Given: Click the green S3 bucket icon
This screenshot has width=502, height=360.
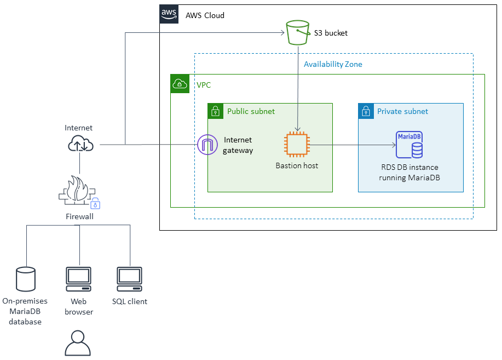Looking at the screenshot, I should click(296, 32).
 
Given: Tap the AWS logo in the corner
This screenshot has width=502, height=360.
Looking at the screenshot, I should click(169, 14).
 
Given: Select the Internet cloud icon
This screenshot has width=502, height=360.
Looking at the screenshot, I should click(81, 144).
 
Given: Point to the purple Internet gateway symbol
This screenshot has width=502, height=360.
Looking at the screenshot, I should click(207, 145).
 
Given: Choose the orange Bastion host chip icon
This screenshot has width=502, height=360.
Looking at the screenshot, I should click(297, 145).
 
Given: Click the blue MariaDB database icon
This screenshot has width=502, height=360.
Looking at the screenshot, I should click(409, 145).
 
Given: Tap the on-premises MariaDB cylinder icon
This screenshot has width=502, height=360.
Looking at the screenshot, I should click(26, 279).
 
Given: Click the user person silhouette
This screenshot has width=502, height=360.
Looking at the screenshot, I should click(78, 344).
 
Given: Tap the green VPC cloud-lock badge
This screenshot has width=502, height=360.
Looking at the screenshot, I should click(180, 84).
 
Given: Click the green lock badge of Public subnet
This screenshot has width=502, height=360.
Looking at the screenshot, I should click(216, 111).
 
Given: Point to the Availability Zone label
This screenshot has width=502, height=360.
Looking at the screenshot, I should click(333, 64).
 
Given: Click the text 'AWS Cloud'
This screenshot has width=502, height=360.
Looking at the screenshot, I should click(205, 15).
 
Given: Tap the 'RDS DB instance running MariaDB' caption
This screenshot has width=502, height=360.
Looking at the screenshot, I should click(410, 173).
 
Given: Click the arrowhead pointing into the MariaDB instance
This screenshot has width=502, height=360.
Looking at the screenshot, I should click(394, 145).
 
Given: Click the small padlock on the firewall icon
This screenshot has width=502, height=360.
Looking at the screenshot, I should click(96, 204).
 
